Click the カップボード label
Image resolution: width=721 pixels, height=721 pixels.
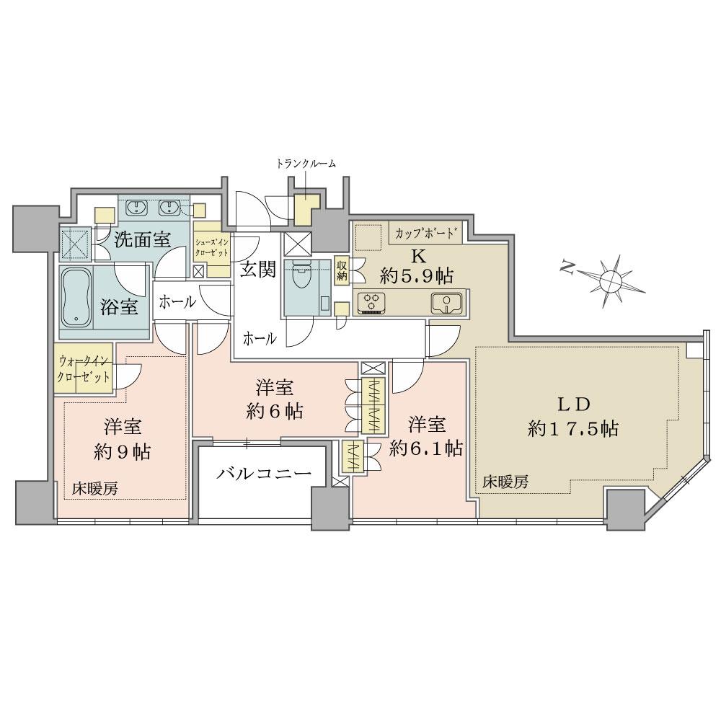click(x=425, y=232)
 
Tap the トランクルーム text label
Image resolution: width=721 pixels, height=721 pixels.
click(x=306, y=163)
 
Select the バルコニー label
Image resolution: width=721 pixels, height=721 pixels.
click(x=264, y=473)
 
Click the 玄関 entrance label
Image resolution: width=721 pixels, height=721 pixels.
click(x=258, y=270)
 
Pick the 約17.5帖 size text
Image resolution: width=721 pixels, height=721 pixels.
click(x=573, y=428)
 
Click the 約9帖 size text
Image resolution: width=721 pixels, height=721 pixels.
click(x=122, y=452)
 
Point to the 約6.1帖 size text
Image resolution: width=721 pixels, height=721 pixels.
click(x=426, y=448)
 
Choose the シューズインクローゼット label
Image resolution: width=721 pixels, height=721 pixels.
click(x=212, y=248)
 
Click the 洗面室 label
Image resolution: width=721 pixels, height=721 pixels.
click(x=142, y=239)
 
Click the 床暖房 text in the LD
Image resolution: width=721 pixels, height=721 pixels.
click(x=505, y=482)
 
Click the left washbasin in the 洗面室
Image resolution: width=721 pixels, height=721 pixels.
click(x=136, y=208)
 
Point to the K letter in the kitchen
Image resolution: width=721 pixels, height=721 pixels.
click(x=419, y=256)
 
